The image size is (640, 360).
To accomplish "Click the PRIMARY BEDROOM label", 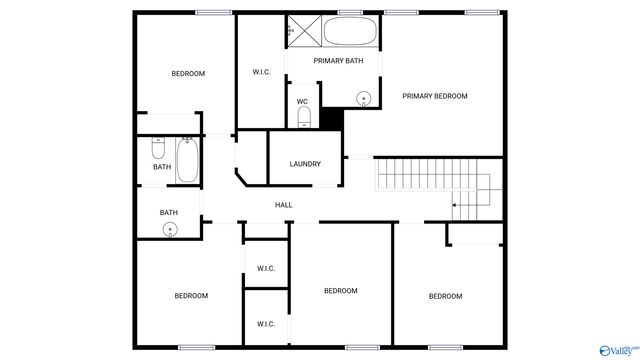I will [x=435, y=96].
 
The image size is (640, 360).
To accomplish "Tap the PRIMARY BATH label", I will [x=338, y=62].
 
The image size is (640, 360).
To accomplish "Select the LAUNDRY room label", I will [x=305, y=164].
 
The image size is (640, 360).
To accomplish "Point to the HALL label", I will [x=284, y=205].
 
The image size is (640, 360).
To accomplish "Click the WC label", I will [x=302, y=101].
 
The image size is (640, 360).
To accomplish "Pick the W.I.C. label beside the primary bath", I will [x=262, y=72].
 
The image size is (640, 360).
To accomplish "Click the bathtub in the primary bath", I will [x=350, y=32].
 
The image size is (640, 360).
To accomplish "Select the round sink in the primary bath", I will [x=364, y=98].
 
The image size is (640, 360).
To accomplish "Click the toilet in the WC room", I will [x=303, y=119].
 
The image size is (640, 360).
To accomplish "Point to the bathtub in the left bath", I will [x=188, y=160].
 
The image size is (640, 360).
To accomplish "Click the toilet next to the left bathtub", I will [x=157, y=149].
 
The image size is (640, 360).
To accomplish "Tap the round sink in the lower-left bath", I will [x=170, y=229].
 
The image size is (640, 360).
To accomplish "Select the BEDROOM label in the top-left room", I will [x=188, y=74].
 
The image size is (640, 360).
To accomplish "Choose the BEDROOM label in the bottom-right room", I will [x=445, y=296].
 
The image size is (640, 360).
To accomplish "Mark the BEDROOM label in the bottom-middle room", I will [x=340, y=291].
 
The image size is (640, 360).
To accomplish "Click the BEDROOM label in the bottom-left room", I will [x=191, y=296].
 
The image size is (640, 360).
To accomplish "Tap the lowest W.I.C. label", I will [x=266, y=324].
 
